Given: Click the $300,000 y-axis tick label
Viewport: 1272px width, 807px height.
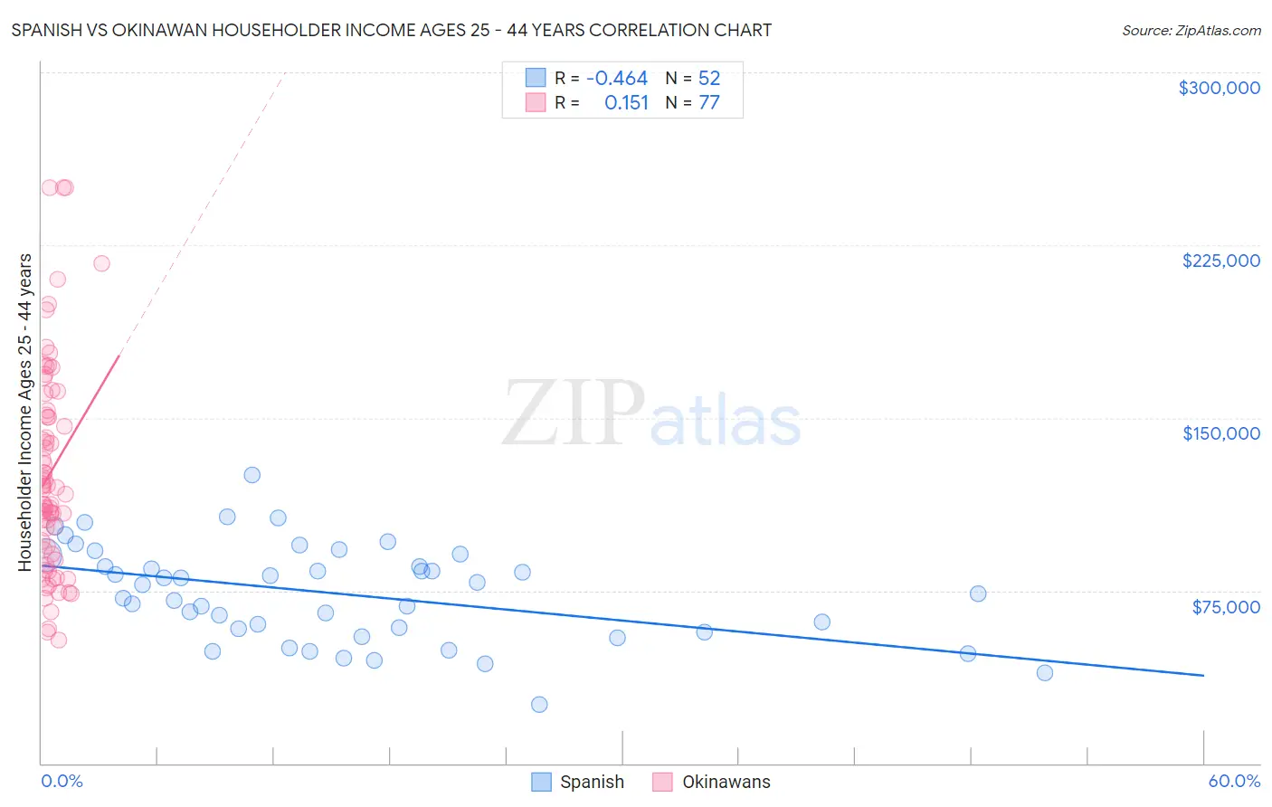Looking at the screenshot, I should click(1219, 88).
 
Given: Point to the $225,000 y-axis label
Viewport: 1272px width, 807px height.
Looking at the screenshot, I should click(1220, 261).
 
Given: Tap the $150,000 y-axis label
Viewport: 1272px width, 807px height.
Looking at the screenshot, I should click(1220, 433).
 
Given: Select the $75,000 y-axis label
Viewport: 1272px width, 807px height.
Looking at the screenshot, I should click(1225, 607).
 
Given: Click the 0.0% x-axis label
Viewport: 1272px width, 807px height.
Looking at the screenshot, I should click(62, 781).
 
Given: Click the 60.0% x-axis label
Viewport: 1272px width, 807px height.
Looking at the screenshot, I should click(1234, 781).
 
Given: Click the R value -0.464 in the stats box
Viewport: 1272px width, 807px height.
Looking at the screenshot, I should click(617, 79).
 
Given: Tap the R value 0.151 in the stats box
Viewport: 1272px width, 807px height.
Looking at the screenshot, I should click(626, 103).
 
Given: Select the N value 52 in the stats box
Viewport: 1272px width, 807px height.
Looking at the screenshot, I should click(709, 79).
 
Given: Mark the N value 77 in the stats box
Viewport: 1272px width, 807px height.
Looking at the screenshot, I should click(709, 103).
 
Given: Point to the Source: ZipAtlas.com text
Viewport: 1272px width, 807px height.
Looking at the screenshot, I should click(1191, 31).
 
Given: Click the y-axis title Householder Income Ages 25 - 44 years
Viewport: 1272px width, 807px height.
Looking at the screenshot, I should click(25, 413).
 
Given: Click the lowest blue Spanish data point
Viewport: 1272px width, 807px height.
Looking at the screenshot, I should click(539, 705).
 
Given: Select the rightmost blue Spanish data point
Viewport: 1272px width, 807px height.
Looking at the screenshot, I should click(1044, 672).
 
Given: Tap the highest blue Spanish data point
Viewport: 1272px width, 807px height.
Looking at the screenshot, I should click(252, 475).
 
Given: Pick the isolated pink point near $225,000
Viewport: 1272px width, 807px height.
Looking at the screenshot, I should click(101, 263).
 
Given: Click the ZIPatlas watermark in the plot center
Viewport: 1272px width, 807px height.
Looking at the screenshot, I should click(651, 414).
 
